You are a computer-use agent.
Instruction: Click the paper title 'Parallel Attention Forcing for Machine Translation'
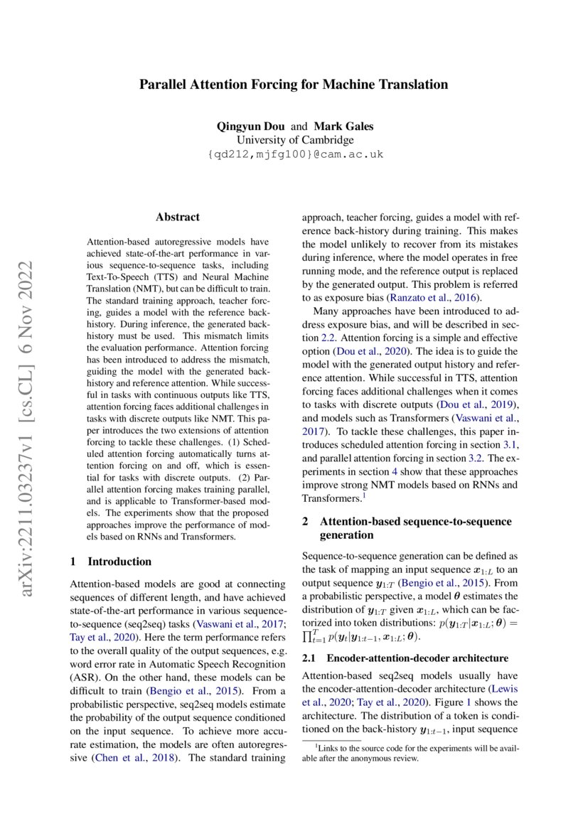(x=293, y=85)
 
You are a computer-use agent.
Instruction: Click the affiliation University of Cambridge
(x=294, y=140)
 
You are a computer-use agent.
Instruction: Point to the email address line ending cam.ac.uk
(x=294, y=154)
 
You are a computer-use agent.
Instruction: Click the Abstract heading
(x=178, y=218)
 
